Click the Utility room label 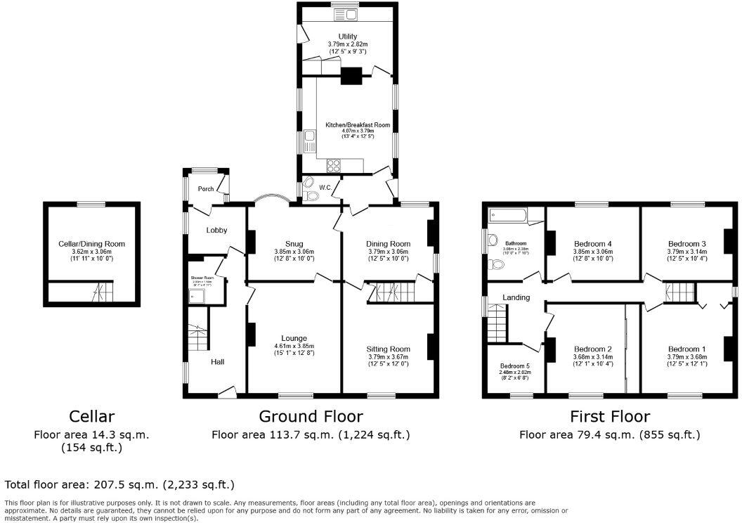[347, 37]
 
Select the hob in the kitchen [333, 166]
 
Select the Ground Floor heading [311, 416]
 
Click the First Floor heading [609, 416]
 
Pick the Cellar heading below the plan [91, 416]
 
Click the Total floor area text [119, 484]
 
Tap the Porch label [205, 189]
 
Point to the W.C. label [325, 188]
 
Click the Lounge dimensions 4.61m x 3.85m [294, 346]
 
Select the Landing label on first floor [516, 297]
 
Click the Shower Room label [202, 278]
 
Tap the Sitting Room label [389, 349]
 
